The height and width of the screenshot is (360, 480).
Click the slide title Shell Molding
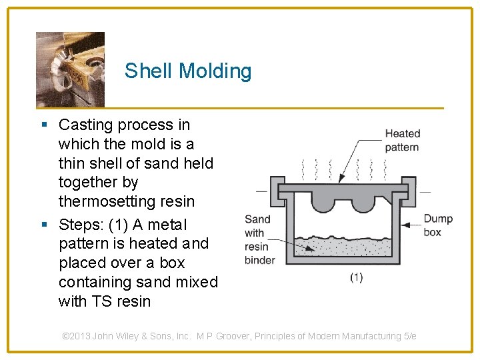coord(188,71)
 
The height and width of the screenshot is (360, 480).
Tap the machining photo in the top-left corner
coord(70,69)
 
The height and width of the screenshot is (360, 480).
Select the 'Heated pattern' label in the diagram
coord(402,140)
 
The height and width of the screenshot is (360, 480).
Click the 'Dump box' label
coord(437,225)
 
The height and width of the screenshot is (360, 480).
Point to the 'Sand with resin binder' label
coord(259,239)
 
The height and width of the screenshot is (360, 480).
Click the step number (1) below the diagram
coord(357,277)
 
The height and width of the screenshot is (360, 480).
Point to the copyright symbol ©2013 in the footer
coord(75,336)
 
